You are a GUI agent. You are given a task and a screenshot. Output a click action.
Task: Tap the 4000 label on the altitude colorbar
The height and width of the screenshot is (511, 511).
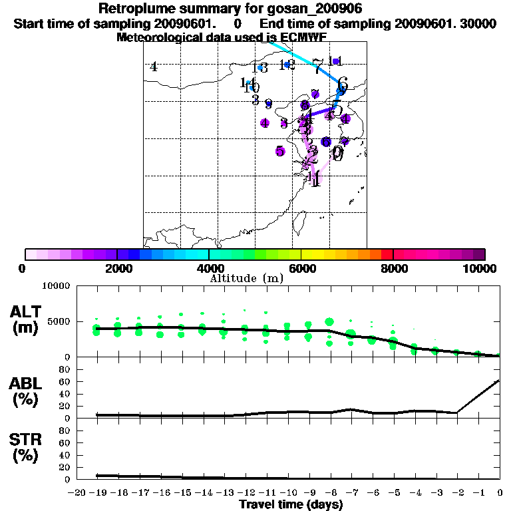coord(209,268)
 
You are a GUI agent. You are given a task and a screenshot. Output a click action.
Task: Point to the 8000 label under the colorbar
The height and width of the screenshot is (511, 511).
coord(393,268)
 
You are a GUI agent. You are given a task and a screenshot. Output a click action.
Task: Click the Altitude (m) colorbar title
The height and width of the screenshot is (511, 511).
coord(246,277)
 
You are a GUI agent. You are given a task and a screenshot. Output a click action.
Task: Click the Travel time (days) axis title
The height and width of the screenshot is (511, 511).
coord(291,505)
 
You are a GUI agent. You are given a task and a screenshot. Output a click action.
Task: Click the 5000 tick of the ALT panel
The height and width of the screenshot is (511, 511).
coord(59,321)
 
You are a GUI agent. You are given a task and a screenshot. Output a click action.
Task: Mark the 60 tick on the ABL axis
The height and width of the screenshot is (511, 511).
coord(65,381)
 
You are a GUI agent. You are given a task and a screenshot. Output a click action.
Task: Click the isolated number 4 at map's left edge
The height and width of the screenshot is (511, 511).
coord(154,67)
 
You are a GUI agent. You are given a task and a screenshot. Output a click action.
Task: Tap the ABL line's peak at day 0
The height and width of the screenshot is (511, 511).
coord(500,381)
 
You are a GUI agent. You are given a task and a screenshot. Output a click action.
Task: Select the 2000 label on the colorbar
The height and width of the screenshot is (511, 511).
coord(116,268)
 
